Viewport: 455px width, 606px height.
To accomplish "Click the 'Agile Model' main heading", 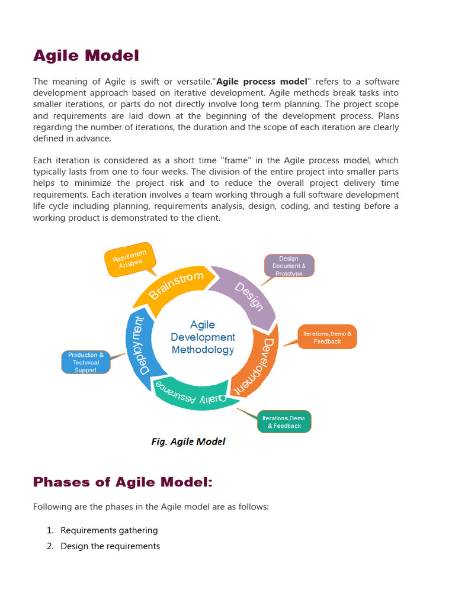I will (86, 56).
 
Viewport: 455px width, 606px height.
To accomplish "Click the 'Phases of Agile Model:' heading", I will (122, 482).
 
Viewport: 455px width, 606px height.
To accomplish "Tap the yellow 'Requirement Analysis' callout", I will (130, 259).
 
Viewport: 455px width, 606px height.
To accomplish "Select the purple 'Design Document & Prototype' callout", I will (289, 266).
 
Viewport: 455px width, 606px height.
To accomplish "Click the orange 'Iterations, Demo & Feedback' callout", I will (327, 337).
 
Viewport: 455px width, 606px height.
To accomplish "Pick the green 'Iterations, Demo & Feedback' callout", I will (284, 421).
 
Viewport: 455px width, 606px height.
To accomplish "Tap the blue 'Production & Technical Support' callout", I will (86, 362).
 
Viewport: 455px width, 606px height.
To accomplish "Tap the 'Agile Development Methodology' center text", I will (203, 337).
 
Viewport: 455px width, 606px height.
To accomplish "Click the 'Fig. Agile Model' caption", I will (188, 441).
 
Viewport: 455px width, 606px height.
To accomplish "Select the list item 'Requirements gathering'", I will (109, 530).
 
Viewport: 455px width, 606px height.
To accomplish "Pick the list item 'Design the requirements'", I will (110, 546).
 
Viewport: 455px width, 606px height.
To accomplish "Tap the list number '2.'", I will (50, 546).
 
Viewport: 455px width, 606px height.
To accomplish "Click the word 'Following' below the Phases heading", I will (53, 507).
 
